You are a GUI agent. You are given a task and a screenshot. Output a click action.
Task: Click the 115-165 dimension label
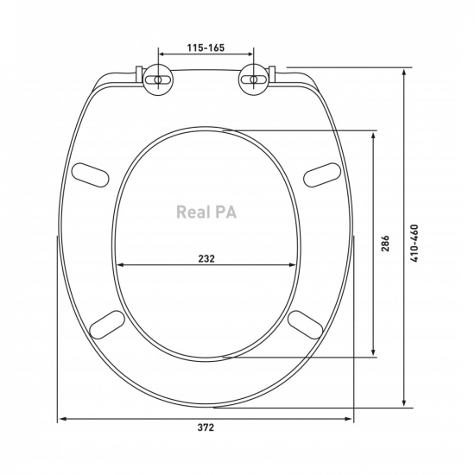[206, 47]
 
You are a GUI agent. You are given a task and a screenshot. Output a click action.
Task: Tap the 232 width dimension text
[206, 259]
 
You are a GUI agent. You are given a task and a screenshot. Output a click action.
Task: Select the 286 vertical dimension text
[384, 243]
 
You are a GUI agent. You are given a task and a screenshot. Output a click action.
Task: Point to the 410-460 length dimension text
[415, 244]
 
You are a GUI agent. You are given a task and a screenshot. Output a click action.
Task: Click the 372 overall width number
[206, 427]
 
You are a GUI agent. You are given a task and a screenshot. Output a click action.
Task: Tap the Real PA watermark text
[206, 212]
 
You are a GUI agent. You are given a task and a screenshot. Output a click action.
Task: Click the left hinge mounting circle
[158, 79]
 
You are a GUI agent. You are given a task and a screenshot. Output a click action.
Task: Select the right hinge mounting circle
[254, 79]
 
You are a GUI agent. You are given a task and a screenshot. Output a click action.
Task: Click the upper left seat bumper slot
[90, 175]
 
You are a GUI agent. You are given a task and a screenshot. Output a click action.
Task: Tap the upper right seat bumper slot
[322, 174]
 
